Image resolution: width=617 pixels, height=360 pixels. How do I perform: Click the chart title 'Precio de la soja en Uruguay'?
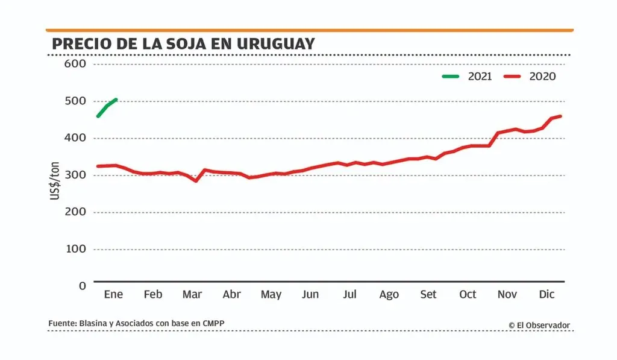183,44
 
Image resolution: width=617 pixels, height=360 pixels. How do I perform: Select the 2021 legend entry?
468,77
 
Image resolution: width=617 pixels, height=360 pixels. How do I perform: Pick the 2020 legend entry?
530,77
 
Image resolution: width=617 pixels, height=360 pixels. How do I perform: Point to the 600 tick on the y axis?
75,64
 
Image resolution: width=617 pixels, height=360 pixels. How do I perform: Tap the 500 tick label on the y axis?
75,101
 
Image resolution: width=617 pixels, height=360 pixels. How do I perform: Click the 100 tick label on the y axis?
75,249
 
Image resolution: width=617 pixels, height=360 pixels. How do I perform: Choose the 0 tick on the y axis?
83,286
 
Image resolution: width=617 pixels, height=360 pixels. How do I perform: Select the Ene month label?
113,294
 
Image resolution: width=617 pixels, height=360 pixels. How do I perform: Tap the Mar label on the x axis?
192,294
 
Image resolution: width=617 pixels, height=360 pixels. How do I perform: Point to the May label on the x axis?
271,294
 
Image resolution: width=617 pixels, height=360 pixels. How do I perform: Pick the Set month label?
428,294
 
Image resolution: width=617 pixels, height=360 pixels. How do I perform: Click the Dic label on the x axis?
547,294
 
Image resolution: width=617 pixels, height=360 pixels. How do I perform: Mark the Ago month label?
389,294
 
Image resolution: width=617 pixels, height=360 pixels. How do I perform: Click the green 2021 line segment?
107,107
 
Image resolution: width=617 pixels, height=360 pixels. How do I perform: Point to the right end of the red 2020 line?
561,116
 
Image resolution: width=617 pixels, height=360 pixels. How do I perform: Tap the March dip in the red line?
195,180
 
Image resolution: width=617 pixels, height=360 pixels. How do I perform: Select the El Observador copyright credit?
539,325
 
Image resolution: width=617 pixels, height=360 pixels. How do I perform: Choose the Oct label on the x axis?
468,294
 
